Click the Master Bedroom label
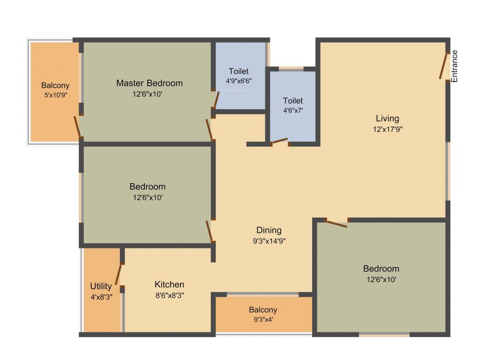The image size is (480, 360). click(x=150, y=83)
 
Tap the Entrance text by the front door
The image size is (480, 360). click(x=454, y=66)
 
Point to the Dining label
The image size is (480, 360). click(x=269, y=230)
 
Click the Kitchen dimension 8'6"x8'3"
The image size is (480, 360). click(x=169, y=295)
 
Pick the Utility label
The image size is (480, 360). click(x=101, y=286)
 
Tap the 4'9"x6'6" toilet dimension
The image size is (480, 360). click(x=239, y=81)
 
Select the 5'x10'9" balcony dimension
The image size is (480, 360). click(x=55, y=95)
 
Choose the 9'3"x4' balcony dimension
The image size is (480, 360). click(x=263, y=320)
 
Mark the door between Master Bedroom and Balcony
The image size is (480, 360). click(x=77, y=126)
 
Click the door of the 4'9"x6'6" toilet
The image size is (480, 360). click(x=216, y=99)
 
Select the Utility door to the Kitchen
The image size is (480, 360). click(x=119, y=276)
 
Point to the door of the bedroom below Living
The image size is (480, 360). click(x=337, y=224)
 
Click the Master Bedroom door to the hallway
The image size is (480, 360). click(x=209, y=129)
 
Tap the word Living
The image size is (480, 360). click(x=387, y=118)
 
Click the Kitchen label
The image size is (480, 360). click(x=169, y=285)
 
